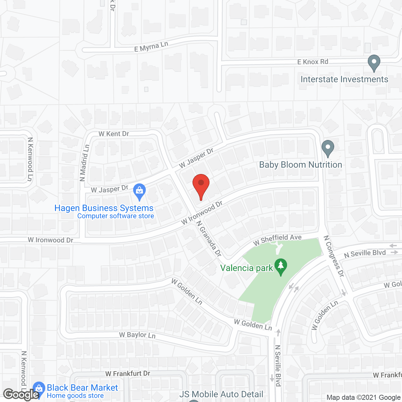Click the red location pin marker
coord(201,185)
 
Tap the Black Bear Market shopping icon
coord(39,388)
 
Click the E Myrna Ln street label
coord(151,46)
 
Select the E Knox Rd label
coord(312,62)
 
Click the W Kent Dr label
coord(114,134)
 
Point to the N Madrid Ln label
coord(84,163)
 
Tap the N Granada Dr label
coord(209,238)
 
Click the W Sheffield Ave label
coord(277,240)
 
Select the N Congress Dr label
coord(334,256)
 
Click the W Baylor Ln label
coord(137,335)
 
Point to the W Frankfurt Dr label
coord(128,373)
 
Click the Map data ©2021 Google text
coord(364,398)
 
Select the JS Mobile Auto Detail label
coord(221,394)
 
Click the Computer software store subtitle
coord(116,216)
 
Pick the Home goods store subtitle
coord(75,396)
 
